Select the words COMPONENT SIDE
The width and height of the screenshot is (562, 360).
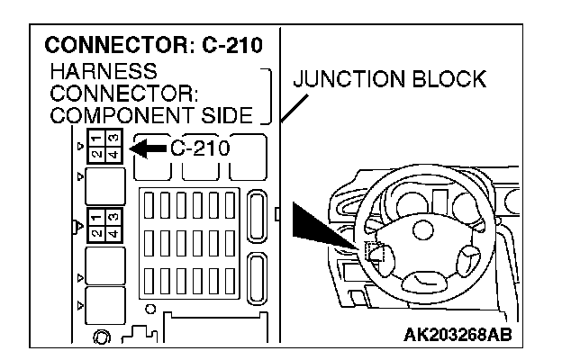pyautogui.click(x=154, y=114)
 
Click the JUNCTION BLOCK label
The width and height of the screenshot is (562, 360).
pyautogui.click(x=389, y=79)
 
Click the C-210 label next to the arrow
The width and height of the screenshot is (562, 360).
pyautogui.click(x=200, y=148)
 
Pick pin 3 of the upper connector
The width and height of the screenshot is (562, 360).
pyautogui.click(x=109, y=155)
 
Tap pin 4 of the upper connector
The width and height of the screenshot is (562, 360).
pyautogui.click(x=95, y=155)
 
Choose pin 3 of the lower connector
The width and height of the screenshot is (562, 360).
pyautogui.click(x=109, y=229)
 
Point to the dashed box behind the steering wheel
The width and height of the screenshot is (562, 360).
pyautogui.click(x=375, y=255)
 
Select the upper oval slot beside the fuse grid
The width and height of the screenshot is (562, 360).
pyautogui.click(x=257, y=214)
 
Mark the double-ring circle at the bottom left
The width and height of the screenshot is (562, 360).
pyautogui.click(x=102, y=337)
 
